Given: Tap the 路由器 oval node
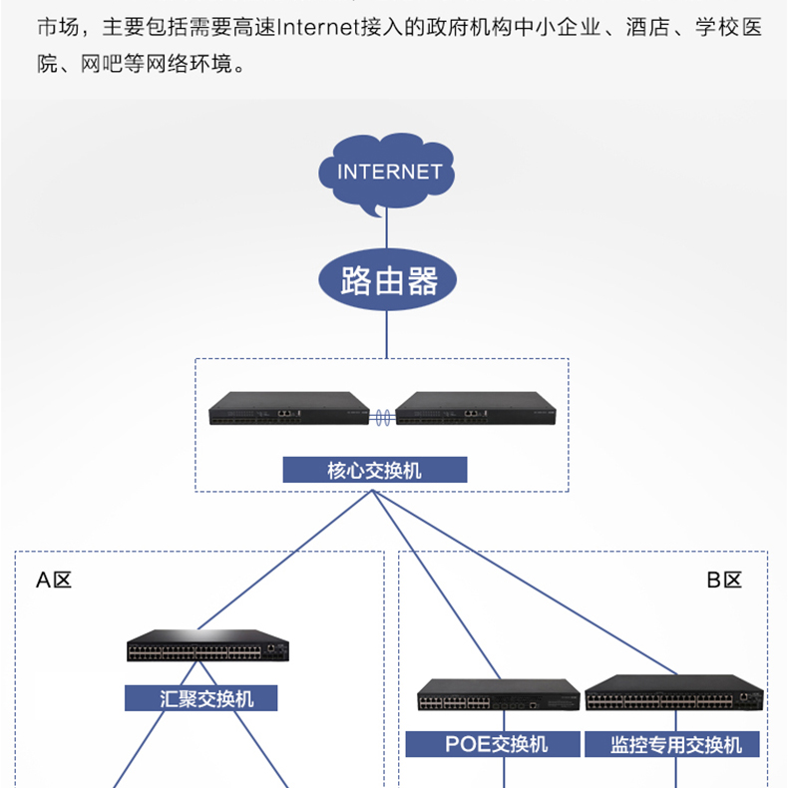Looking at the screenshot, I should click(389, 280).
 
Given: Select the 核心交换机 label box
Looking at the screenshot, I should click(374, 470).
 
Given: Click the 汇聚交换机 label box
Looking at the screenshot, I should click(200, 697).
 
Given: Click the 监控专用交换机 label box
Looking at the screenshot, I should click(675, 743).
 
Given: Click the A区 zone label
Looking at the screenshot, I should click(54, 581).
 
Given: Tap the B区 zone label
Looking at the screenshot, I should click(724, 581).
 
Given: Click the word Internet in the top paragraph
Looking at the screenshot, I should click(317, 27).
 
